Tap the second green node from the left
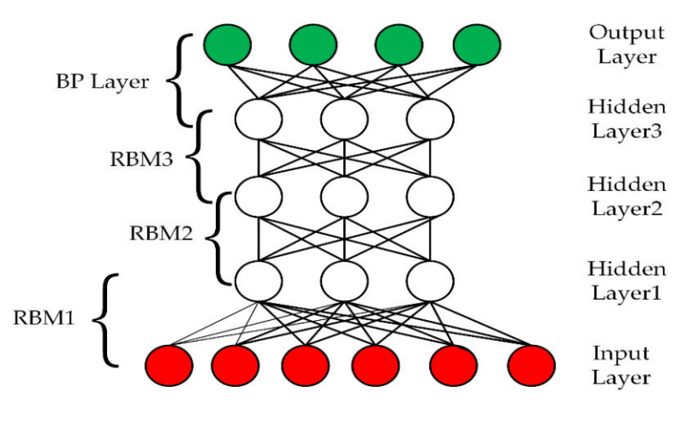coord(311,43)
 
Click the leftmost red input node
coord(169,365)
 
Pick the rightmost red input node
coord(531,365)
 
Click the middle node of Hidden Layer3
coord(345,119)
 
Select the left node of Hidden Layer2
coord(258,193)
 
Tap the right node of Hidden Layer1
coord(432,281)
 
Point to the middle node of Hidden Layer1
coord(345,281)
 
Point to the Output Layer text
coord(626,45)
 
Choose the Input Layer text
coord(623,365)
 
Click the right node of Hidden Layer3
coord(432,119)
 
